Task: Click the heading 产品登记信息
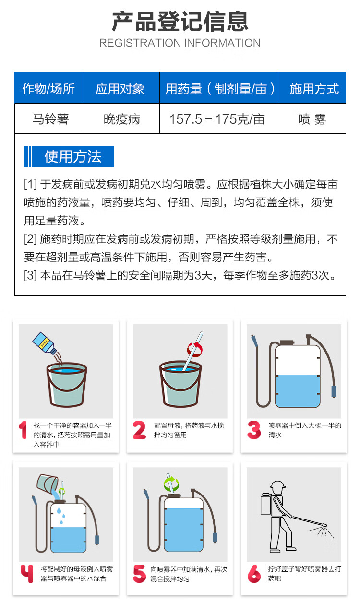click(x=180, y=22)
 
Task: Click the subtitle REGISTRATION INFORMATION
click(x=180, y=43)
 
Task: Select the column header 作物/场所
click(x=48, y=89)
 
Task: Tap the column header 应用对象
click(x=120, y=89)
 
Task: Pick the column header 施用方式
click(x=314, y=89)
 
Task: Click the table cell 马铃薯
click(x=50, y=119)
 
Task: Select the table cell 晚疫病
click(x=122, y=119)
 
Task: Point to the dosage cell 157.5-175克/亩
click(x=217, y=119)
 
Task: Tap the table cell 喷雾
click(x=312, y=119)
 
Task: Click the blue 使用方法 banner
click(x=69, y=156)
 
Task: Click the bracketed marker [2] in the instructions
click(x=30, y=239)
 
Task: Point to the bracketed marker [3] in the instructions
click(x=30, y=275)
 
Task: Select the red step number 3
click(x=254, y=430)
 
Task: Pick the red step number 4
click(x=27, y=574)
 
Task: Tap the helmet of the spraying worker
click(x=278, y=484)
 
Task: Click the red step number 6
click(x=254, y=574)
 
